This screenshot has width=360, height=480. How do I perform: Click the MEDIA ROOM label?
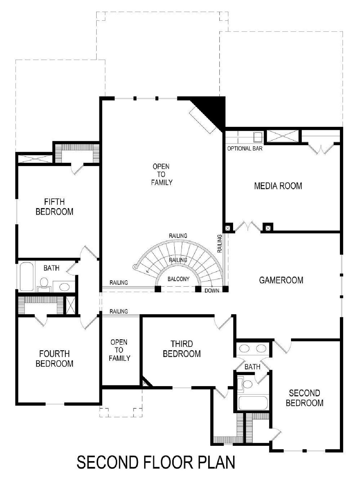click(278, 186)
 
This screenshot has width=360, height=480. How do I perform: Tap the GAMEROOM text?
click(281, 280)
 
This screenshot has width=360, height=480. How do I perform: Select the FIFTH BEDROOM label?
click(55, 207)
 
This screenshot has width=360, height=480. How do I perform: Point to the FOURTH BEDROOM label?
click(55, 359)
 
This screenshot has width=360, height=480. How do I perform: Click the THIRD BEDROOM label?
click(182, 349)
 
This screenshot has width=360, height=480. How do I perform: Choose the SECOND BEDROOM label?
click(304, 398)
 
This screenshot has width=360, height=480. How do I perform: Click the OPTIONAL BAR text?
click(245, 148)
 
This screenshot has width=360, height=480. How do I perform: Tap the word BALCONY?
click(178, 279)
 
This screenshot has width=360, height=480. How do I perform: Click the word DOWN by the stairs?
click(212, 291)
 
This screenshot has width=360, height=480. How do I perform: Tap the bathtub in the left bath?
click(27, 277)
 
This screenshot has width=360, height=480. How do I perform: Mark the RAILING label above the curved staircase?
click(178, 236)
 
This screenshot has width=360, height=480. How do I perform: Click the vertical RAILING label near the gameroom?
click(220, 244)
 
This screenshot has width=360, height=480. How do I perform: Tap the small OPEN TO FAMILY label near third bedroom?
click(119, 350)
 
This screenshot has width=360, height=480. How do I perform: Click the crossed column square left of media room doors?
click(228, 228)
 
